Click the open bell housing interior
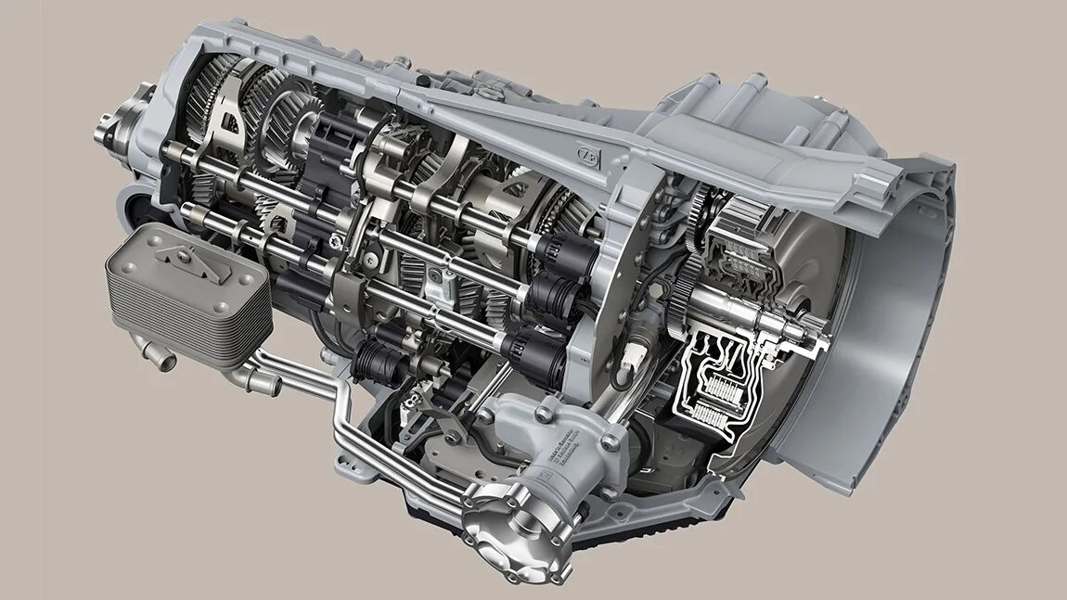tap(891, 306)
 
